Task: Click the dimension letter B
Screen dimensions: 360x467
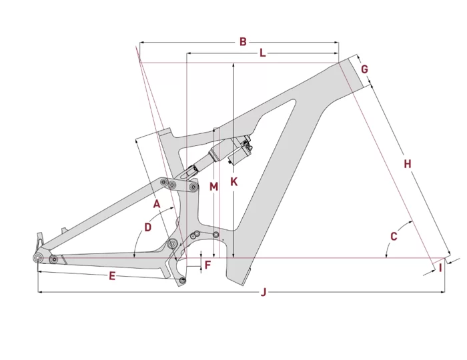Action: tap(244, 41)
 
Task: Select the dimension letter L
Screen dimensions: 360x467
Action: tap(262, 53)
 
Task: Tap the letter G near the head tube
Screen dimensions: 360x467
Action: tap(364, 69)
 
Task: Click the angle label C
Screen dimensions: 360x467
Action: tap(394, 236)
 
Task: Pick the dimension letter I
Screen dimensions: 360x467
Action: tap(440, 268)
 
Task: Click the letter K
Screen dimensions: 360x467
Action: tap(233, 181)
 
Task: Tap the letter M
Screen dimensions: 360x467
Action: tap(213, 187)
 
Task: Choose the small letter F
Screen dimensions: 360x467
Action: tap(207, 265)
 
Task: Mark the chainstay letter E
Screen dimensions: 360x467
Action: tap(112, 275)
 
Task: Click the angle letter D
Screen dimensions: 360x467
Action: tap(148, 227)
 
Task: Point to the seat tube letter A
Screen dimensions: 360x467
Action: tap(157, 203)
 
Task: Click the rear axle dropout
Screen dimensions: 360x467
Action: tap(39, 256)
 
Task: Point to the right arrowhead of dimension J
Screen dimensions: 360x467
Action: tap(444, 292)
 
